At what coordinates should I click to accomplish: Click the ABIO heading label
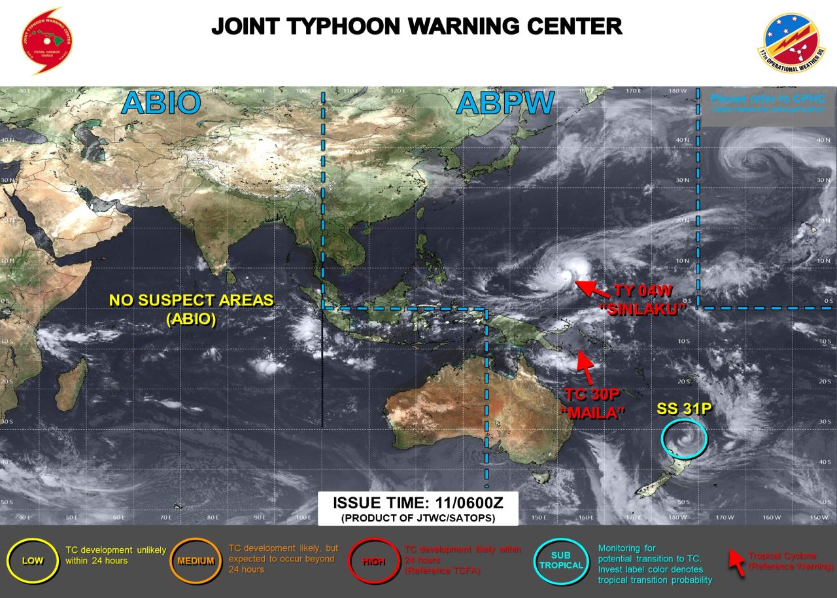pos(160,103)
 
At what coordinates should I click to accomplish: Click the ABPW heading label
pos(505,103)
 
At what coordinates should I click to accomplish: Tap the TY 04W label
pos(643,292)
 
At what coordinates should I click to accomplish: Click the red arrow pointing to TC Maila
pos(586,367)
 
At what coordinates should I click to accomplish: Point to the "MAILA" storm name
pos(596,413)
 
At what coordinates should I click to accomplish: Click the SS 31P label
pos(684,409)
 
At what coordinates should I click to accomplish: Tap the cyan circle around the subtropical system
pos(684,438)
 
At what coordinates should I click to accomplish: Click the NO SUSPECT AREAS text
pos(192,300)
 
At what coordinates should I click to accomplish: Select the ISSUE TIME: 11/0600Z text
pos(417,503)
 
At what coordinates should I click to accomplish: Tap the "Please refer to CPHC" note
pos(768,99)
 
